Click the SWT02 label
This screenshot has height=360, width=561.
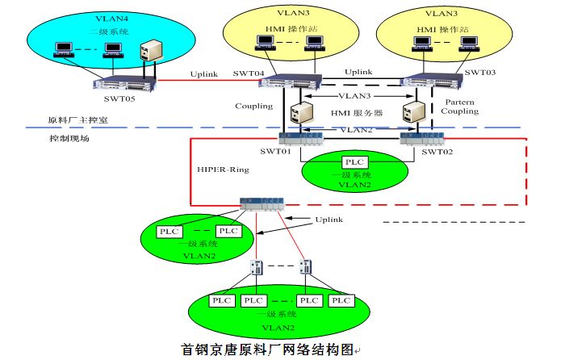[434, 152]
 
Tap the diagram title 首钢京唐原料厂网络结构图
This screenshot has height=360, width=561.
[267, 350]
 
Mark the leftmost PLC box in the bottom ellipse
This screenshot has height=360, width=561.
[220, 300]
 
